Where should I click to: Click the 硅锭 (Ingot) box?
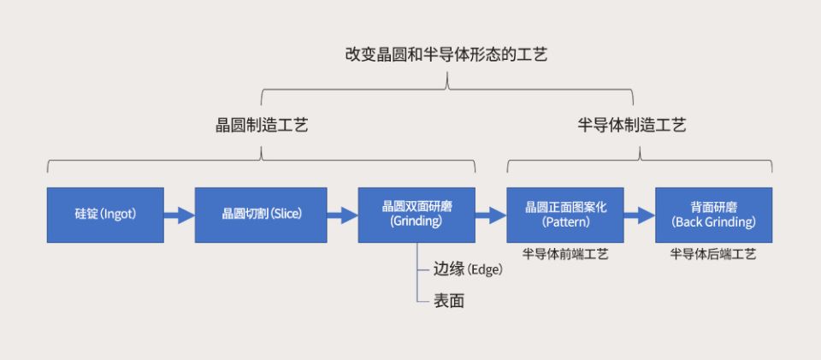point(105,215)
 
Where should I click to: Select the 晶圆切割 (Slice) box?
point(261,215)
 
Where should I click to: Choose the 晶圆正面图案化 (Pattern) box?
point(565,215)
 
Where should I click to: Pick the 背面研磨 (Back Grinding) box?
point(713,215)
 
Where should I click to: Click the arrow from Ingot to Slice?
point(179,215)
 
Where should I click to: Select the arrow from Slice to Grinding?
point(342,215)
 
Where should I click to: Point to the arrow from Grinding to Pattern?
point(490,215)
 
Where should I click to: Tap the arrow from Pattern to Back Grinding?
point(639,215)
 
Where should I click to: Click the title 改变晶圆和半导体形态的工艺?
point(446,55)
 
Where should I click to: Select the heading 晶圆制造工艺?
point(261,126)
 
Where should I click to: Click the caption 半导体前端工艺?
point(565,254)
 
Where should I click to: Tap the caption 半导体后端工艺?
point(713,254)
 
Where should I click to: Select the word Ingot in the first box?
point(118,215)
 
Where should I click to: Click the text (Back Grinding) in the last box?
point(713,222)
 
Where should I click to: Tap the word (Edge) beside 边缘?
point(486,269)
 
